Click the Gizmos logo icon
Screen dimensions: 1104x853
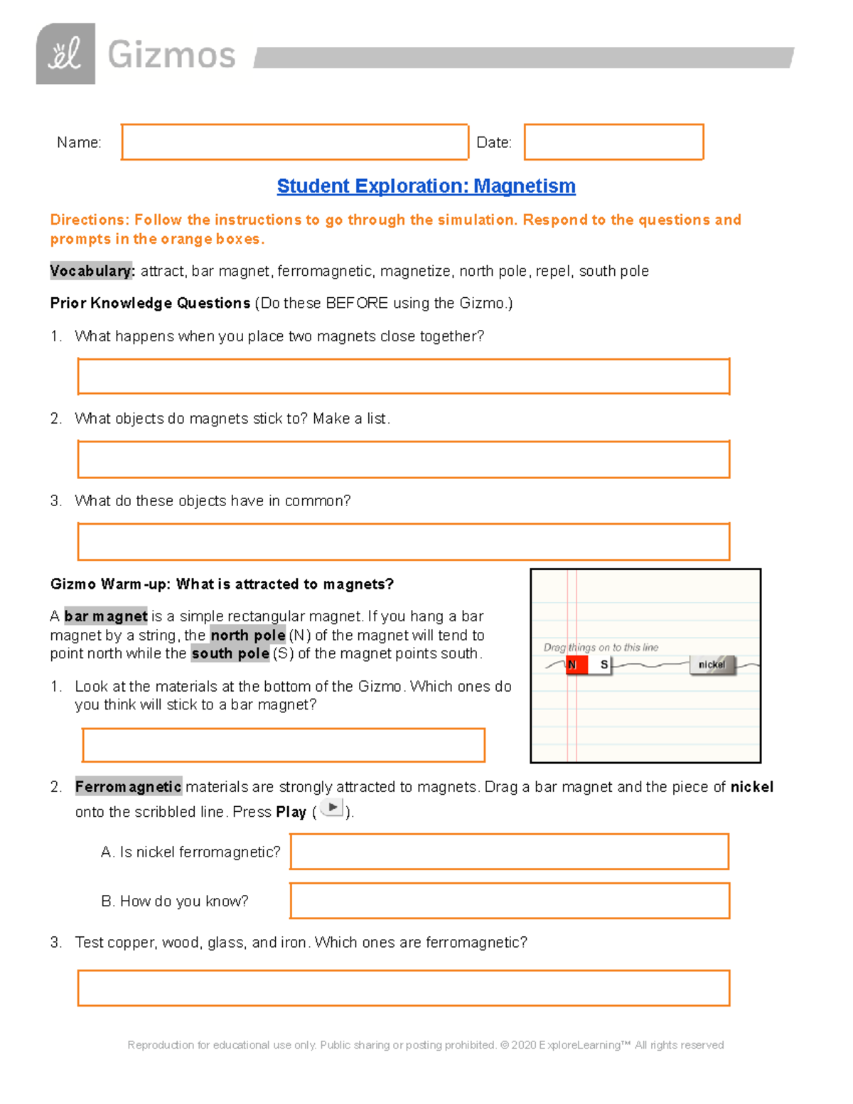point(65,54)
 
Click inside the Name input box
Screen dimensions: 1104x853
point(294,142)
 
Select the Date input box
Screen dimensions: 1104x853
point(613,142)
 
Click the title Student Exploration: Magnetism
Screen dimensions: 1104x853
point(426,186)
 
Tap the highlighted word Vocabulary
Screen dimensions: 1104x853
point(91,271)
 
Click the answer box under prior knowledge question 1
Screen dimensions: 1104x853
point(403,377)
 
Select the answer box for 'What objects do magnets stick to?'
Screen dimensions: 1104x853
point(403,459)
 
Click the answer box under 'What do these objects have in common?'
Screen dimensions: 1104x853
point(403,542)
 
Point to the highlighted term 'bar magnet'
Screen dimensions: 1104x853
point(106,616)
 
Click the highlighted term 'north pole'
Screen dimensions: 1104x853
point(248,635)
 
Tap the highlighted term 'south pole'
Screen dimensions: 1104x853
point(230,653)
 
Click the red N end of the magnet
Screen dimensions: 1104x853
point(576,665)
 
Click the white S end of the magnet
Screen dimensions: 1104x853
point(602,665)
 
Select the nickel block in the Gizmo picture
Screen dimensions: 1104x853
point(712,665)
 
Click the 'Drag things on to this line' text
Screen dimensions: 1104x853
point(601,648)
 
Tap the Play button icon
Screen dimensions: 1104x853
point(331,808)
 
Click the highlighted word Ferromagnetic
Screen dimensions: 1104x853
point(129,787)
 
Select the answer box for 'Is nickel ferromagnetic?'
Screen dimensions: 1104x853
point(509,852)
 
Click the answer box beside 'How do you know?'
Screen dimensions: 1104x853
point(509,901)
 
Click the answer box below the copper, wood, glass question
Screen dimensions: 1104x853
point(403,988)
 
